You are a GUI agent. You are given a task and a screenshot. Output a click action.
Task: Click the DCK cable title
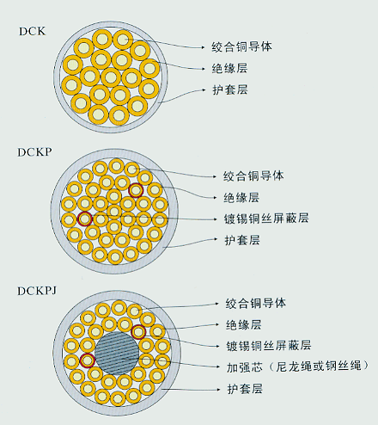(33, 31)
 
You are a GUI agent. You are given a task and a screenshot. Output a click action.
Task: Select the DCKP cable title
(34, 152)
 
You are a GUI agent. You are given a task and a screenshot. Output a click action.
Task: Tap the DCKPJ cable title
(37, 291)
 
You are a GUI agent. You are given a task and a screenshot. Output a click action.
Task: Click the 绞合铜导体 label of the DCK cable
(241, 46)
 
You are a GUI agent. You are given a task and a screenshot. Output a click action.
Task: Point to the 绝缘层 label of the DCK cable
(229, 68)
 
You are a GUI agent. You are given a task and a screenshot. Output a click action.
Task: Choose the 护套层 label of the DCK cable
(230, 89)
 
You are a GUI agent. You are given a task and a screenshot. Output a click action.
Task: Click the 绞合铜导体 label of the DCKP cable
(253, 176)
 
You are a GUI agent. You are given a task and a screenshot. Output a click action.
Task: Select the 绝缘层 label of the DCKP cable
(241, 197)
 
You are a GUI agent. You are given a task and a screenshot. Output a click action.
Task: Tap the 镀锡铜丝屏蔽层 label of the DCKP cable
(266, 219)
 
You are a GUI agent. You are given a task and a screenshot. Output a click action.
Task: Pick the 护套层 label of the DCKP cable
(242, 240)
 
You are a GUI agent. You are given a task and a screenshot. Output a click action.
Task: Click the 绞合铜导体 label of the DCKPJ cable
(255, 304)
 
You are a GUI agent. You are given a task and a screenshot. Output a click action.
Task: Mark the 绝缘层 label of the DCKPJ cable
(243, 325)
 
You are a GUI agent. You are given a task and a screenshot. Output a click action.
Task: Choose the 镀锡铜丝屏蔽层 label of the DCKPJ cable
(269, 346)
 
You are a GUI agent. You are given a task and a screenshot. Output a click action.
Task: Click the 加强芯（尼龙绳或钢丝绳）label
(297, 366)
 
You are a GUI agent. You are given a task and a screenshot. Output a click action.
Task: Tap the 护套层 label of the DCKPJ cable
(245, 389)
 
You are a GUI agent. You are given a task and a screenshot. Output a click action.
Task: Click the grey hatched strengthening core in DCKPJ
(117, 354)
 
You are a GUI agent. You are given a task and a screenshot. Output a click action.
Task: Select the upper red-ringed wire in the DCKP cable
(136, 190)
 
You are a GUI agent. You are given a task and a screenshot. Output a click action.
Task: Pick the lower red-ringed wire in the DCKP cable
(85, 219)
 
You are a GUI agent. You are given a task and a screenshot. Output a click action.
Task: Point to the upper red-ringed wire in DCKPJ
(138, 332)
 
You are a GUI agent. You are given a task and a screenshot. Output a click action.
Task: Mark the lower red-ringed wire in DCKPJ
(88, 360)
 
